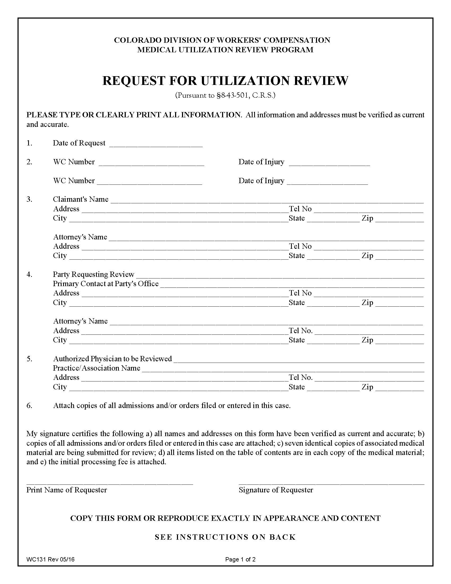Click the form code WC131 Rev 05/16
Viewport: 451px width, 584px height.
pos(50,559)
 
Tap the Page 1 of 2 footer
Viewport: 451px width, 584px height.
pos(240,559)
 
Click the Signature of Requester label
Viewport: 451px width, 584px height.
pos(276,490)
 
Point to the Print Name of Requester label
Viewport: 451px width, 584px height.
pos(67,490)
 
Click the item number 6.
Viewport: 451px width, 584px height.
pos(29,406)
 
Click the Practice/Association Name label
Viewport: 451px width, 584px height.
pos(97,368)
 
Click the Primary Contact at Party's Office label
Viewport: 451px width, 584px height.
pos(106,284)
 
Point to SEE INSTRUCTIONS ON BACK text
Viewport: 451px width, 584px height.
pos(225,537)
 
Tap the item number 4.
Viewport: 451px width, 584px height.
pos(29,274)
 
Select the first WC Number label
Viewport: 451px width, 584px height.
pos(74,162)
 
